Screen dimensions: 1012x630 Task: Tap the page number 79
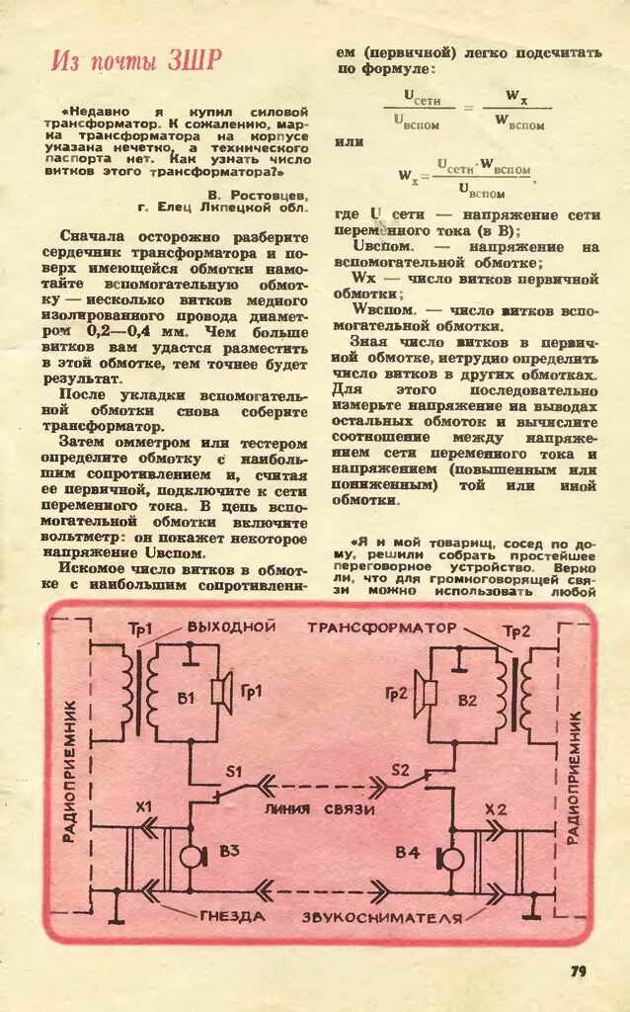pyautogui.click(x=578, y=970)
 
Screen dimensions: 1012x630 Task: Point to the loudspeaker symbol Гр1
pyautogui.click(x=220, y=691)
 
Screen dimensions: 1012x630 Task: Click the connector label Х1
pyautogui.click(x=144, y=808)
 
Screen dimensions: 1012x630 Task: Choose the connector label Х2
pyautogui.click(x=496, y=809)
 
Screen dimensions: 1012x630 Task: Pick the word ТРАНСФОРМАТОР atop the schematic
pyautogui.click(x=382, y=628)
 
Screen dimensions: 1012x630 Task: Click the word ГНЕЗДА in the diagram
pyautogui.click(x=233, y=916)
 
